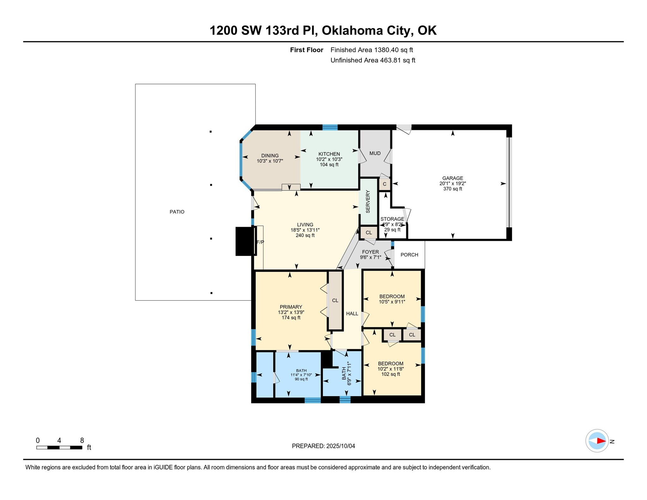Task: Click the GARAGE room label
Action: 452,178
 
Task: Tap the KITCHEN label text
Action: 329,154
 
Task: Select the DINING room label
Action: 270,156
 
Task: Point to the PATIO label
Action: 177,212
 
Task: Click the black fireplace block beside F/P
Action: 245,241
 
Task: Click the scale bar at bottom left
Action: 59,447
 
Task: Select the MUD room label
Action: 375,154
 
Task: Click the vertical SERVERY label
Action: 368,202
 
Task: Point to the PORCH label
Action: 409,255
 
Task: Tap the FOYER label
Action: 370,252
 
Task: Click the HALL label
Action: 352,314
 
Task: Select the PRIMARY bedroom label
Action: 291,307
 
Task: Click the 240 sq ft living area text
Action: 305,236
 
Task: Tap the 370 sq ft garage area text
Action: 452,189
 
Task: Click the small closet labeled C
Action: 384,184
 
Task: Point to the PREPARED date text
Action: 323,446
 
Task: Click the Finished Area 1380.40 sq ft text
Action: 372,50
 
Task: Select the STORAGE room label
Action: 392,219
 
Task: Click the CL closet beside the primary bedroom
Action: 335,300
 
